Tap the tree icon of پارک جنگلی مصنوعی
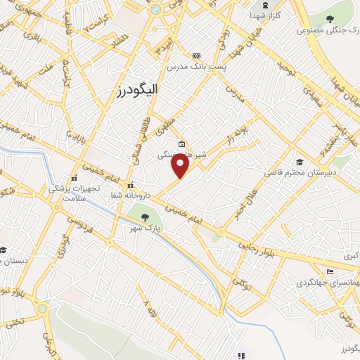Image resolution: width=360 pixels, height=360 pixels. (330, 19)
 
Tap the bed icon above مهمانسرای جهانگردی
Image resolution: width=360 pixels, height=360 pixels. (330, 272)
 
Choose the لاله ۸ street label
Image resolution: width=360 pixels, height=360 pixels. (150, 307)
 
